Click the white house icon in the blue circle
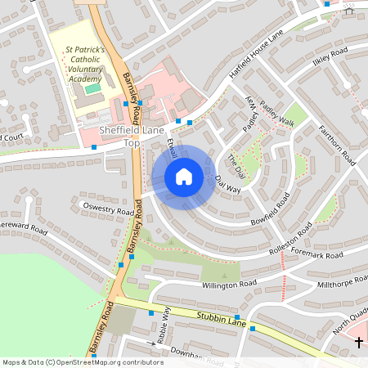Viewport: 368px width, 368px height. pyautogui.click(x=184, y=177)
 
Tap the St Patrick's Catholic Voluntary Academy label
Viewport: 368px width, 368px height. pyautogui.click(x=85, y=64)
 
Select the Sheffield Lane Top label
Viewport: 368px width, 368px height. pyautogui.click(x=132, y=137)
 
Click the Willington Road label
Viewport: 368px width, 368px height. pyautogui.click(x=229, y=285)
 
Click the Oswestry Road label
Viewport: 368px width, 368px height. pyautogui.click(x=107, y=209)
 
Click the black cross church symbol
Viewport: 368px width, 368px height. pyautogui.click(x=359, y=341)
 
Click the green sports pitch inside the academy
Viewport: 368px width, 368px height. pyautogui.click(x=93, y=88)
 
